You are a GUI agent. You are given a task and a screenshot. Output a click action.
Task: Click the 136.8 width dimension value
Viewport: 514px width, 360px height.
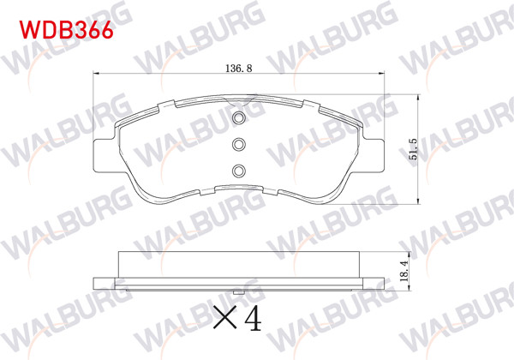point(239,68)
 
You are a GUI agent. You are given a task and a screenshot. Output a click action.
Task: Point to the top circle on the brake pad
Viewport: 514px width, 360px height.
point(240,118)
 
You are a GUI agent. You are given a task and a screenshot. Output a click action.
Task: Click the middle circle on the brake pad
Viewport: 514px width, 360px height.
point(240,144)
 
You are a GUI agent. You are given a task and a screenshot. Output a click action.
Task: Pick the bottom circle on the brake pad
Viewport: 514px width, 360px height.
point(240,169)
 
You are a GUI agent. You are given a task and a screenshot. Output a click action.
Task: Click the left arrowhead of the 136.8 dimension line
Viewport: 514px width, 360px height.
point(94,78)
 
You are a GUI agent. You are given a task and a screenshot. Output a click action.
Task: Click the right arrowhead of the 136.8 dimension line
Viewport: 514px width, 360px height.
point(385,78)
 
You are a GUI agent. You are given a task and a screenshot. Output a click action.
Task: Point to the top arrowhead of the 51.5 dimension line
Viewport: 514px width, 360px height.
point(419,96)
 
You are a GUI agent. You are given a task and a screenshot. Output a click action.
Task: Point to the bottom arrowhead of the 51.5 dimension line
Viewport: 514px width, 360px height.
point(419,203)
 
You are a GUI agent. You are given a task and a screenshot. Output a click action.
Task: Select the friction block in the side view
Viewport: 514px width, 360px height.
point(240,265)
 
